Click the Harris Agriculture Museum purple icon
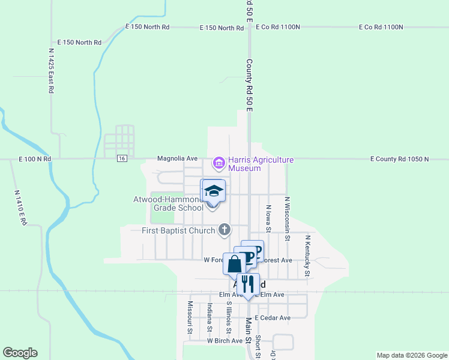(218, 163)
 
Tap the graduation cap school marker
(214, 191)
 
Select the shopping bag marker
(234, 263)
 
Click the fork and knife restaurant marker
(248, 284)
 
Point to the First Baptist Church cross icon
(224, 229)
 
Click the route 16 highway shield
(122, 158)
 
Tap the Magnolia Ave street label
(177, 158)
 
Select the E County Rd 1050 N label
(399, 159)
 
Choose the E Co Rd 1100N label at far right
(381, 27)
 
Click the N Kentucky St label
(307, 256)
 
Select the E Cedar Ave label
(273, 317)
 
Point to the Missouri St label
(189, 317)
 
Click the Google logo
(20, 353)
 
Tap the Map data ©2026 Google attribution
(411, 355)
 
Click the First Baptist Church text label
(178, 230)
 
